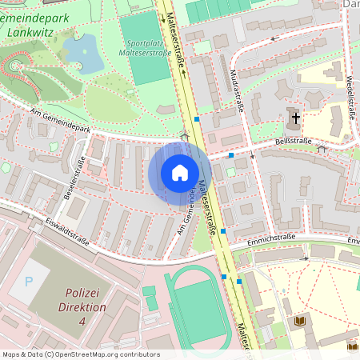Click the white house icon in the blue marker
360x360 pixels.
180,173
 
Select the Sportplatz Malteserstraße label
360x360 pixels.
146,46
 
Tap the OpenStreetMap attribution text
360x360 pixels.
81,354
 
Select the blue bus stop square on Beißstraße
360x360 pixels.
230,155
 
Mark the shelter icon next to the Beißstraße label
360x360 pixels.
322,148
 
